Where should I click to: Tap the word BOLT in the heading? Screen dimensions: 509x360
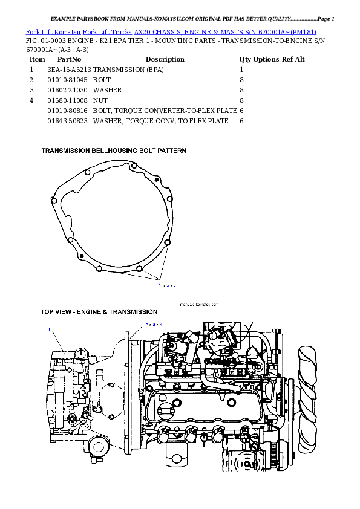point(146,150)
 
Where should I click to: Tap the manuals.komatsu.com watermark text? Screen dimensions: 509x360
point(199,305)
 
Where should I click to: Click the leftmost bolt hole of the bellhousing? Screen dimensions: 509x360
point(54,198)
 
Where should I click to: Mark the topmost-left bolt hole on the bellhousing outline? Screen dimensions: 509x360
point(88,173)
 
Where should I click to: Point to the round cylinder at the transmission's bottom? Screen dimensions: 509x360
point(98,448)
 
